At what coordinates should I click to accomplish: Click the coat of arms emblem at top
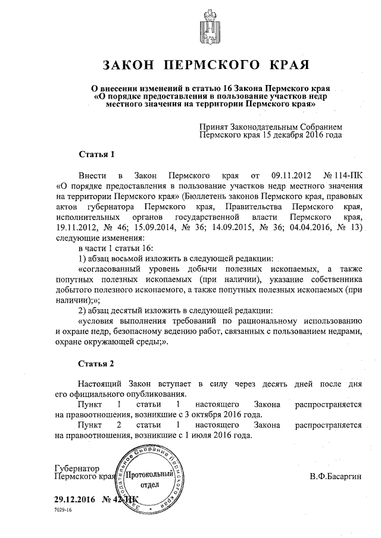pos(209,26)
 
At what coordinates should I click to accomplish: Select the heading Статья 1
pos(96,155)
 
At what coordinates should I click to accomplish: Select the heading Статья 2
pos(96,363)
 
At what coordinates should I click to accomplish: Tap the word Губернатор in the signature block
pos(76,468)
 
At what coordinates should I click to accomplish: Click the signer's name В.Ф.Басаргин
pos(335,477)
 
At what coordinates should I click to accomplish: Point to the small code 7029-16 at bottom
pos(63,511)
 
